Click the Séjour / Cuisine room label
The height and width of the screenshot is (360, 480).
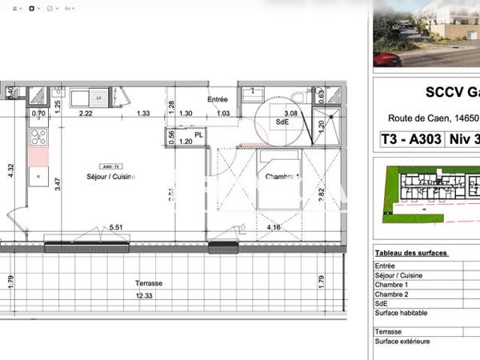pos(111,176)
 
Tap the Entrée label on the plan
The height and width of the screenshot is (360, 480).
pos(218,100)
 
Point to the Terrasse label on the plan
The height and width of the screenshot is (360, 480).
pos(149,283)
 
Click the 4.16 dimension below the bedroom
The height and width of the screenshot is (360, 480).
pos(273,227)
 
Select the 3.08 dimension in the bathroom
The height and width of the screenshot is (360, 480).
pos(291,114)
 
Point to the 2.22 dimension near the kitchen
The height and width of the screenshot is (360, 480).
pos(86,114)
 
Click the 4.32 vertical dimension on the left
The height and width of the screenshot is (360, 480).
pos(10,170)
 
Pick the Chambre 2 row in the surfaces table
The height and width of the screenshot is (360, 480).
pos(391,294)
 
